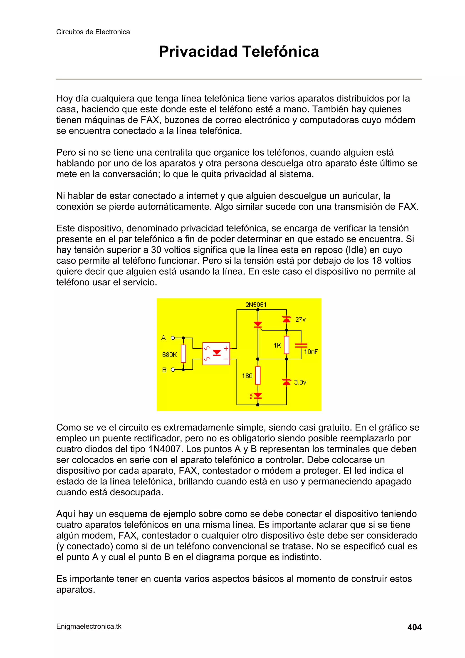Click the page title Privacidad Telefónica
239,52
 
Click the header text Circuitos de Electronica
93,32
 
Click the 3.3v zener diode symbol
286,382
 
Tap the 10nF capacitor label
311,352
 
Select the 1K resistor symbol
286,345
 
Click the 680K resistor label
169,355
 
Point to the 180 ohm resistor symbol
257,375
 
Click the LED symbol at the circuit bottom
257,396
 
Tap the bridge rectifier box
216,354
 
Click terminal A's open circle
173,338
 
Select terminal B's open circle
173,370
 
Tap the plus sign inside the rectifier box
226,348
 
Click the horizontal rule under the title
239,79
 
